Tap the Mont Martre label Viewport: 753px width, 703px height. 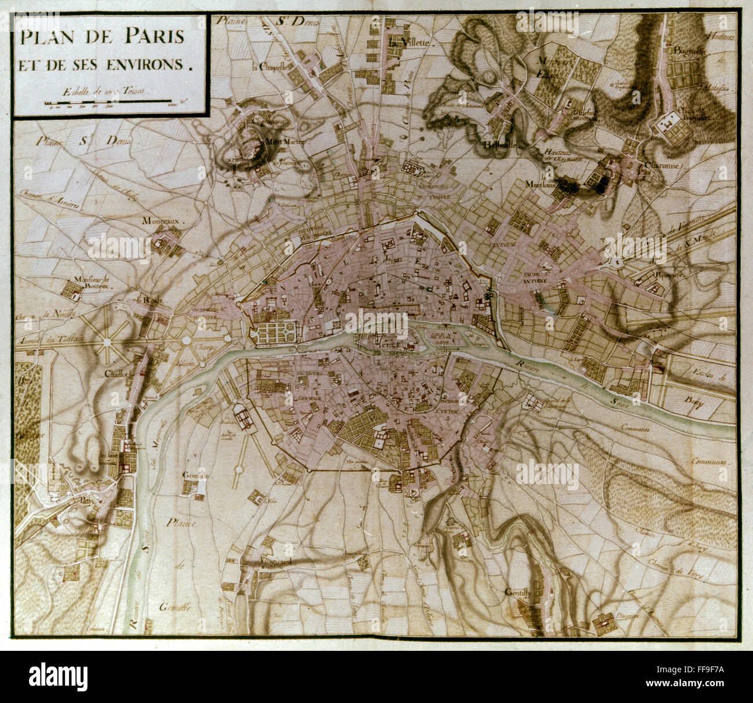pyautogui.click(x=284, y=141)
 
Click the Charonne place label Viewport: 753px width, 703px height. pyautogui.click(x=661, y=165)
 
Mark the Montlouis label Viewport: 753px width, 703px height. pyautogui.click(x=541, y=184)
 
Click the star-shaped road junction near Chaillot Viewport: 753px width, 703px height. pyautogui.click(x=107, y=343)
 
